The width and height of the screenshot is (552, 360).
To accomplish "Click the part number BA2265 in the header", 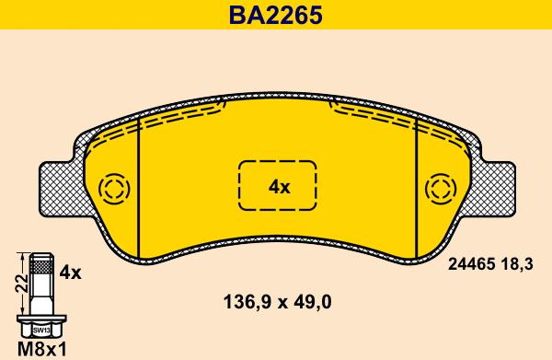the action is pyautogui.click(x=276, y=15).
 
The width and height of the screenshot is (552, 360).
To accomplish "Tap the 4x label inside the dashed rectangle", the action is pyautogui.click(x=279, y=187).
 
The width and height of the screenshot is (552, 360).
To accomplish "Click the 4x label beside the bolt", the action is pyautogui.click(x=71, y=273).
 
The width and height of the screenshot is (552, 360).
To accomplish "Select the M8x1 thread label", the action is pyautogui.click(x=42, y=350).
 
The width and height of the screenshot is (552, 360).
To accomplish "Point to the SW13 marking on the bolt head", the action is pyautogui.click(x=41, y=331).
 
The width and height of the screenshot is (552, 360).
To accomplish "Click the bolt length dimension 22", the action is pyautogui.click(x=21, y=284).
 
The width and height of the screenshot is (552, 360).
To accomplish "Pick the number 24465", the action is pyautogui.click(x=471, y=264).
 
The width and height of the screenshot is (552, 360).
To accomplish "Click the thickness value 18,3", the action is pyautogui.click(x=516, y=264).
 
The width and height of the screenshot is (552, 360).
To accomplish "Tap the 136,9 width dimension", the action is pyautogui.click(x=247, y=302).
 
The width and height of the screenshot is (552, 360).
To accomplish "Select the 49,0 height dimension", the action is pyautogui.click(x=313, y=302).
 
